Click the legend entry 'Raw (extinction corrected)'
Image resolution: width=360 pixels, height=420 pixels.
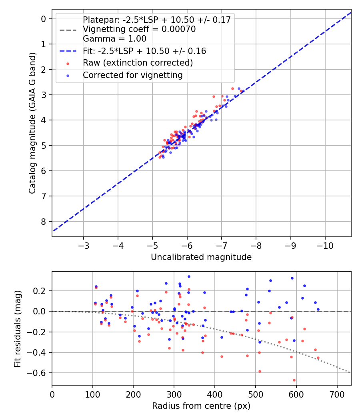point(138,63)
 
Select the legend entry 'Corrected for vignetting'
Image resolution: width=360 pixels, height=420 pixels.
point(132,75)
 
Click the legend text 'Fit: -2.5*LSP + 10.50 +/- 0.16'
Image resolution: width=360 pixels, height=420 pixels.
point(144,51)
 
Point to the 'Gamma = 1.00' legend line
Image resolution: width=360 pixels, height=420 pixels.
point(114,39)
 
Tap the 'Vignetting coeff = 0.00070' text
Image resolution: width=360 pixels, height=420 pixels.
point(139,30)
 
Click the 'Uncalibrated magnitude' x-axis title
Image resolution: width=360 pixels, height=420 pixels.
point(201,257)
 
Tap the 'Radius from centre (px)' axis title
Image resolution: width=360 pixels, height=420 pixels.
point(201,406)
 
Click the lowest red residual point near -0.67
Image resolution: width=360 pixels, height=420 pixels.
point(294,380)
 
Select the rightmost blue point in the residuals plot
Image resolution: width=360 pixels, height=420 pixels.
point(318,309)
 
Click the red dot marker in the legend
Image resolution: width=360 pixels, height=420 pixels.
point(68,64)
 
